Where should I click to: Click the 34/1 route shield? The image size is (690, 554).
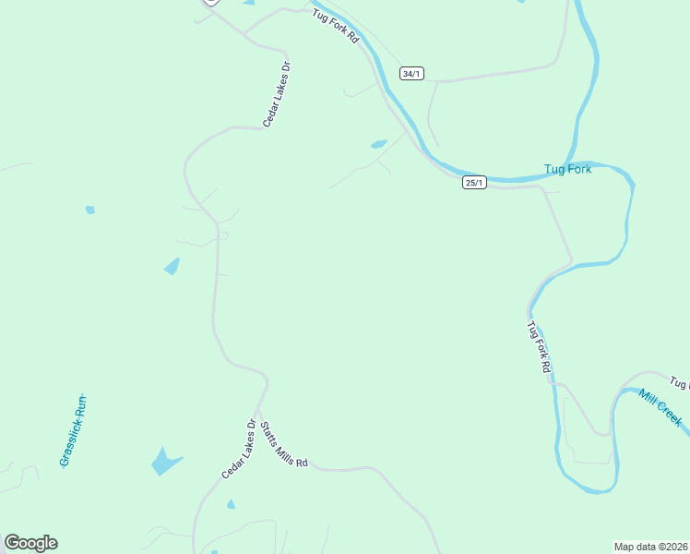pos(411,73)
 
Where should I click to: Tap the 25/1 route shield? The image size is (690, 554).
pos(474,183)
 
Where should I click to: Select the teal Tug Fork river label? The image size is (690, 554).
pos(567,169)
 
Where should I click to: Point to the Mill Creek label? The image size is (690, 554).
pos(660,406)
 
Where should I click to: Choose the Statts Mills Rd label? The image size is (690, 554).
pos(283,444)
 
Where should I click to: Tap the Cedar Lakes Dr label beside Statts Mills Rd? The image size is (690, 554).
pos(239,449)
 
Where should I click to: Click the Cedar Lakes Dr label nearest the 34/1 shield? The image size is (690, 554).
pos(277,94)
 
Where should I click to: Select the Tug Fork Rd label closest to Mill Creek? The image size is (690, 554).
pos(539,347)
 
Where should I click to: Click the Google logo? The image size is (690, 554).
pos(30,543)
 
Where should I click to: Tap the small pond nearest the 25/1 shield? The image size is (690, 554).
pos(379,144)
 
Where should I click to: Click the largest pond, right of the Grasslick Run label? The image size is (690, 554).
pos(166,461)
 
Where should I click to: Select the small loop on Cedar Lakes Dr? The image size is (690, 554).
pos(222,235)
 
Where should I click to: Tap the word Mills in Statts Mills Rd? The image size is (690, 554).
pos(284,445)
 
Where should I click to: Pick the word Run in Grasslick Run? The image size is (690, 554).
pos(81,403)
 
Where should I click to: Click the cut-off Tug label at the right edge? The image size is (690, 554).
pos(679,381)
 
